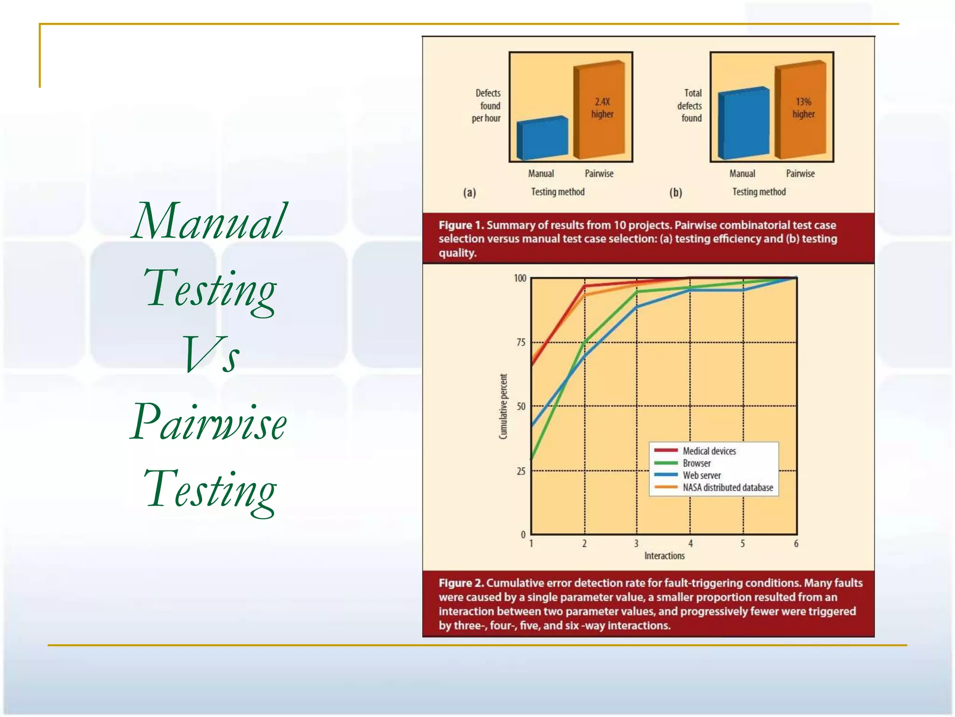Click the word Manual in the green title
(208, 221)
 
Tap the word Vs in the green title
(211, 355)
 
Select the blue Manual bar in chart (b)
(743, 123)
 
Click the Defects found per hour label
(487, 105)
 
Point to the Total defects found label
(690, 105)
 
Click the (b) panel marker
(676, 192)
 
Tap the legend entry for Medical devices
(709, 451)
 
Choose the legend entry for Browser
(697, 463)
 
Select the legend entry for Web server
(701, 475)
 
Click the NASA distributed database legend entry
(727, 487)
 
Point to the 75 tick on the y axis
(521, 343)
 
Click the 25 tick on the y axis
(521, 471)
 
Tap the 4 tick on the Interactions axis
(691, 544)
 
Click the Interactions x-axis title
(664, 556)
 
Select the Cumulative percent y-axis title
(503, 406)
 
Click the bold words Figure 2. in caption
(461, 583)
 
